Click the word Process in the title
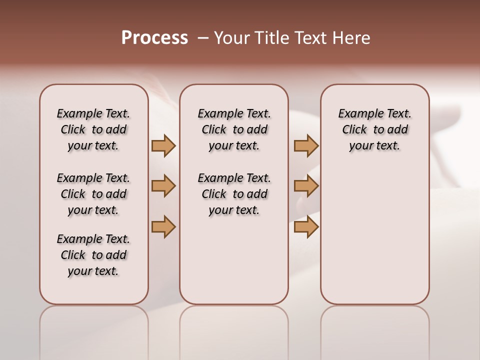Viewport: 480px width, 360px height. [154, 38]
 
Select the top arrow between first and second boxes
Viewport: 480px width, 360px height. [163, 146]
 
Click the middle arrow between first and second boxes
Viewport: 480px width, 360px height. [163, 186]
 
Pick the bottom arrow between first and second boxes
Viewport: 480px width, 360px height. [163, 226]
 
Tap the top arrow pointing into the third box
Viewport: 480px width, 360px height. [306, 146]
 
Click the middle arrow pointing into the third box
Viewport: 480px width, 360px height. [306, 186]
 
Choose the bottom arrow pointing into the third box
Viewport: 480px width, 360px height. [306, 226]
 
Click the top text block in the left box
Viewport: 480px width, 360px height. [93, 129]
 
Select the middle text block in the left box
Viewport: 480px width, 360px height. [93, 194]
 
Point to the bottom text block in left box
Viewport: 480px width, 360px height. [93, 255]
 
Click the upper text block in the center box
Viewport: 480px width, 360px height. [234, 129]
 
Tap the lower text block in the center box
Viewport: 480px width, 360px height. [234, 194]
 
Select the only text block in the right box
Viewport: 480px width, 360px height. [374, 129]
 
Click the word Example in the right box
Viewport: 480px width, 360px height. [358, 114]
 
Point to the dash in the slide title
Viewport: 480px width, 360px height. [202, 38]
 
